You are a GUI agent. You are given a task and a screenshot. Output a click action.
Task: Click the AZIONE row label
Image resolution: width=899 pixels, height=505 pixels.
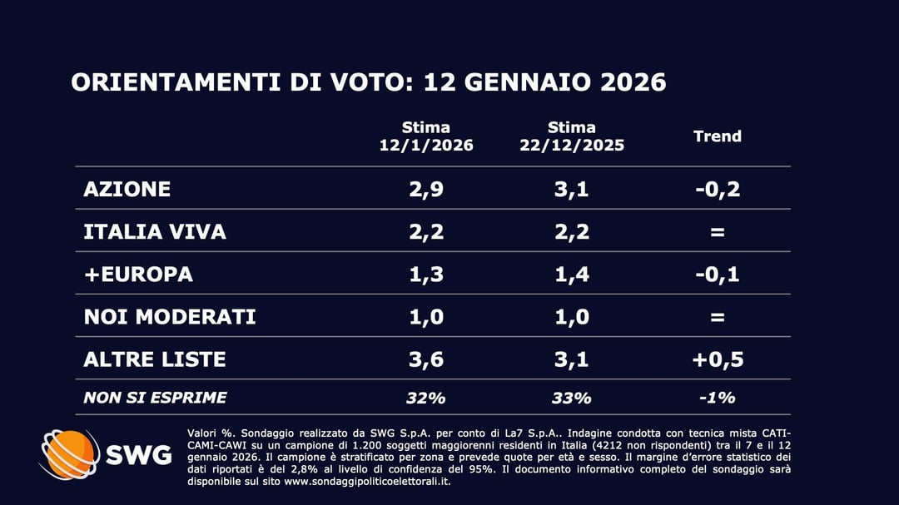[127, 189]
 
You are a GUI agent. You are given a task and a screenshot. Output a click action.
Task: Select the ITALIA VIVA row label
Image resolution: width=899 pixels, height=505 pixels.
[155, 231]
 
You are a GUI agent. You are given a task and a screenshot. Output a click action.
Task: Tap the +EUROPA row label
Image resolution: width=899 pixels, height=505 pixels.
[138, 274]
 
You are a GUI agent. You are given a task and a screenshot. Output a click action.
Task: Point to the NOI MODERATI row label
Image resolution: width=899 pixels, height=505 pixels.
[170, 317]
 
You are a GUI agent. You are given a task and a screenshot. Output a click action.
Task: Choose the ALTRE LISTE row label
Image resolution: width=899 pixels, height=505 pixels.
[155, 359]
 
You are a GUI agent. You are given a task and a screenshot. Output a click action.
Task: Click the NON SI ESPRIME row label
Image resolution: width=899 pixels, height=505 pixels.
[155, 398]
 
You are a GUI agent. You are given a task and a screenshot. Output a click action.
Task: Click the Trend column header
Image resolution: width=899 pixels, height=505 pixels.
[717, 136]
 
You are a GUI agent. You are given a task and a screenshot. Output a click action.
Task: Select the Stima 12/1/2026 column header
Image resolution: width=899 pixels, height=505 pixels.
[426, 136]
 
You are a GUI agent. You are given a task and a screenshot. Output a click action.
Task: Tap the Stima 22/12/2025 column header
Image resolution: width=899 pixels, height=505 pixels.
[572, 136]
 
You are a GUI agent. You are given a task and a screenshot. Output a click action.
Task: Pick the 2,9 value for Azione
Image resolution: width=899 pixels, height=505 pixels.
[425, 189]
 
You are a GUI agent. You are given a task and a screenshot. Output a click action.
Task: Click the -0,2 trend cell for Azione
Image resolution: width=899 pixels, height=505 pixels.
[717, 189]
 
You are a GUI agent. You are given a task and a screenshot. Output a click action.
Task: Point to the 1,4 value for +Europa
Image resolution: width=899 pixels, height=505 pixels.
[572, 274]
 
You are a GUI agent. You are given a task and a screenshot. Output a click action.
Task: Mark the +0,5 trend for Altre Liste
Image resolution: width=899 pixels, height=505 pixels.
[717, 359]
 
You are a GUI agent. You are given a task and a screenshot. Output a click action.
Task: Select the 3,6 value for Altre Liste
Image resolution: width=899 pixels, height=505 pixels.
[425, 359]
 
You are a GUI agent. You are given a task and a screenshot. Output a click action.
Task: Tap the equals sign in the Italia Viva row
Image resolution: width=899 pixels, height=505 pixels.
[717, 232]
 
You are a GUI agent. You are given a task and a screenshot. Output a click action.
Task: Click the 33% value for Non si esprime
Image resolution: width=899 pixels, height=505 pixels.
[572, 398]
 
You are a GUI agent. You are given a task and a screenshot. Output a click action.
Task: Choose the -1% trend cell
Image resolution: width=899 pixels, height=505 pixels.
[717, 398]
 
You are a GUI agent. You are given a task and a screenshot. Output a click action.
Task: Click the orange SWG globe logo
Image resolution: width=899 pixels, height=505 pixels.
[70, 455]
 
